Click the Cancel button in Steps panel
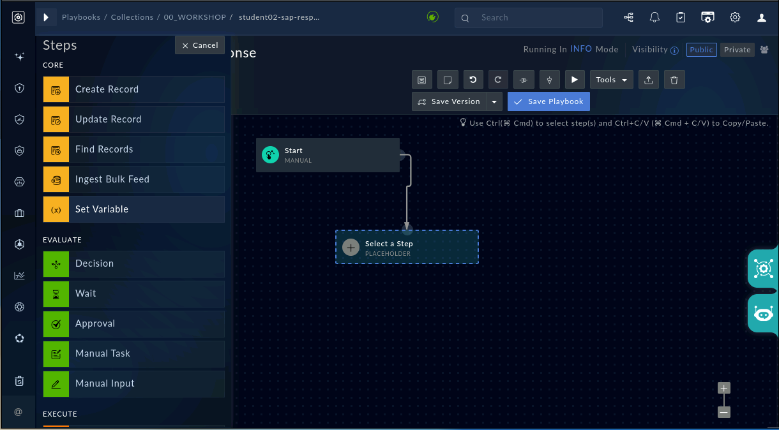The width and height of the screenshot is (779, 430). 200,45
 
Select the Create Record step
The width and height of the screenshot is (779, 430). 134,89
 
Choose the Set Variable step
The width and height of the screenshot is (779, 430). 134,209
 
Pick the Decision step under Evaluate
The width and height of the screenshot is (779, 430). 134,263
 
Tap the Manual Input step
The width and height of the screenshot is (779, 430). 134,383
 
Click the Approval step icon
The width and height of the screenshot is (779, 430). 56,323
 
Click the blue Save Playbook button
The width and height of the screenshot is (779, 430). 548,101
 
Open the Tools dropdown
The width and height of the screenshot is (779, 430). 611,80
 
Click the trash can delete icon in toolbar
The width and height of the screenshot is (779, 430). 674,80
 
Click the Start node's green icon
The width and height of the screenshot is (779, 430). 270,155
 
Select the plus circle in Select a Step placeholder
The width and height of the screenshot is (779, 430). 351,248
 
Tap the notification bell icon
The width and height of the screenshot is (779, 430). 654,17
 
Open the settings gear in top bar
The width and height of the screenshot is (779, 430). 735,17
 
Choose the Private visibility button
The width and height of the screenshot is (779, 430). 737,50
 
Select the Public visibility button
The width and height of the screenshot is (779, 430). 701,50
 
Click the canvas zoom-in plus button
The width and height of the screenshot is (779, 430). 724,388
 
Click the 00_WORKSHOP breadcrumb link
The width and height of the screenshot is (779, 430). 195,17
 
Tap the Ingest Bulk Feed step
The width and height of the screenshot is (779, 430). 134,179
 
